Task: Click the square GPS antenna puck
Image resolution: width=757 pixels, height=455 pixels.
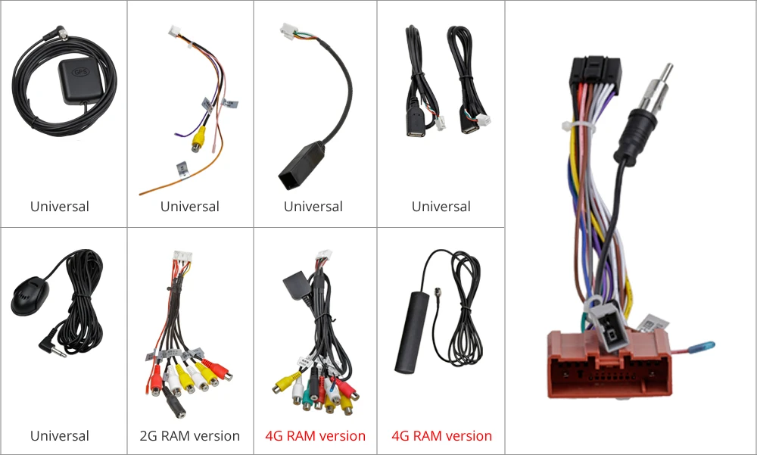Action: tap(79, 76)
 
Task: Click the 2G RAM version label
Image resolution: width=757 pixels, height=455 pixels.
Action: tap(190, 436)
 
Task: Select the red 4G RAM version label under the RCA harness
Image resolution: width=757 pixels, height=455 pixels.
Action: tap(315, 436)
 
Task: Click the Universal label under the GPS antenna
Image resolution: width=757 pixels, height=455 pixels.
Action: tap(60, 207)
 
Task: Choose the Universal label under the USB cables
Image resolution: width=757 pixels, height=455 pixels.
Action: tap(441, 207)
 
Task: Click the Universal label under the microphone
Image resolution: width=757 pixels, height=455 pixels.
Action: tap(60, 436)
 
